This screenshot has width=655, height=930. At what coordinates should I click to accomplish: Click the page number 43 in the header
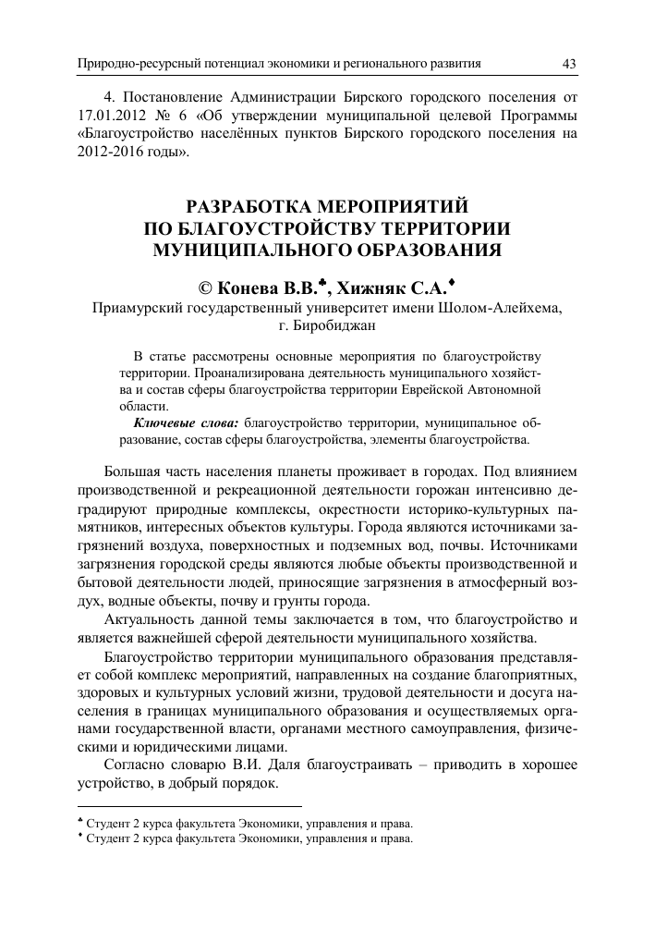(569, 63)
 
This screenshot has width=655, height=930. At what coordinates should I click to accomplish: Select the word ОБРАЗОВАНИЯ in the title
(409, 249)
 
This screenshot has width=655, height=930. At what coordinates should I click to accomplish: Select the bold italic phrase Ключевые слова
(185, 422)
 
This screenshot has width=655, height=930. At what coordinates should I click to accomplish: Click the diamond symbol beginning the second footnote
(80, 837)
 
